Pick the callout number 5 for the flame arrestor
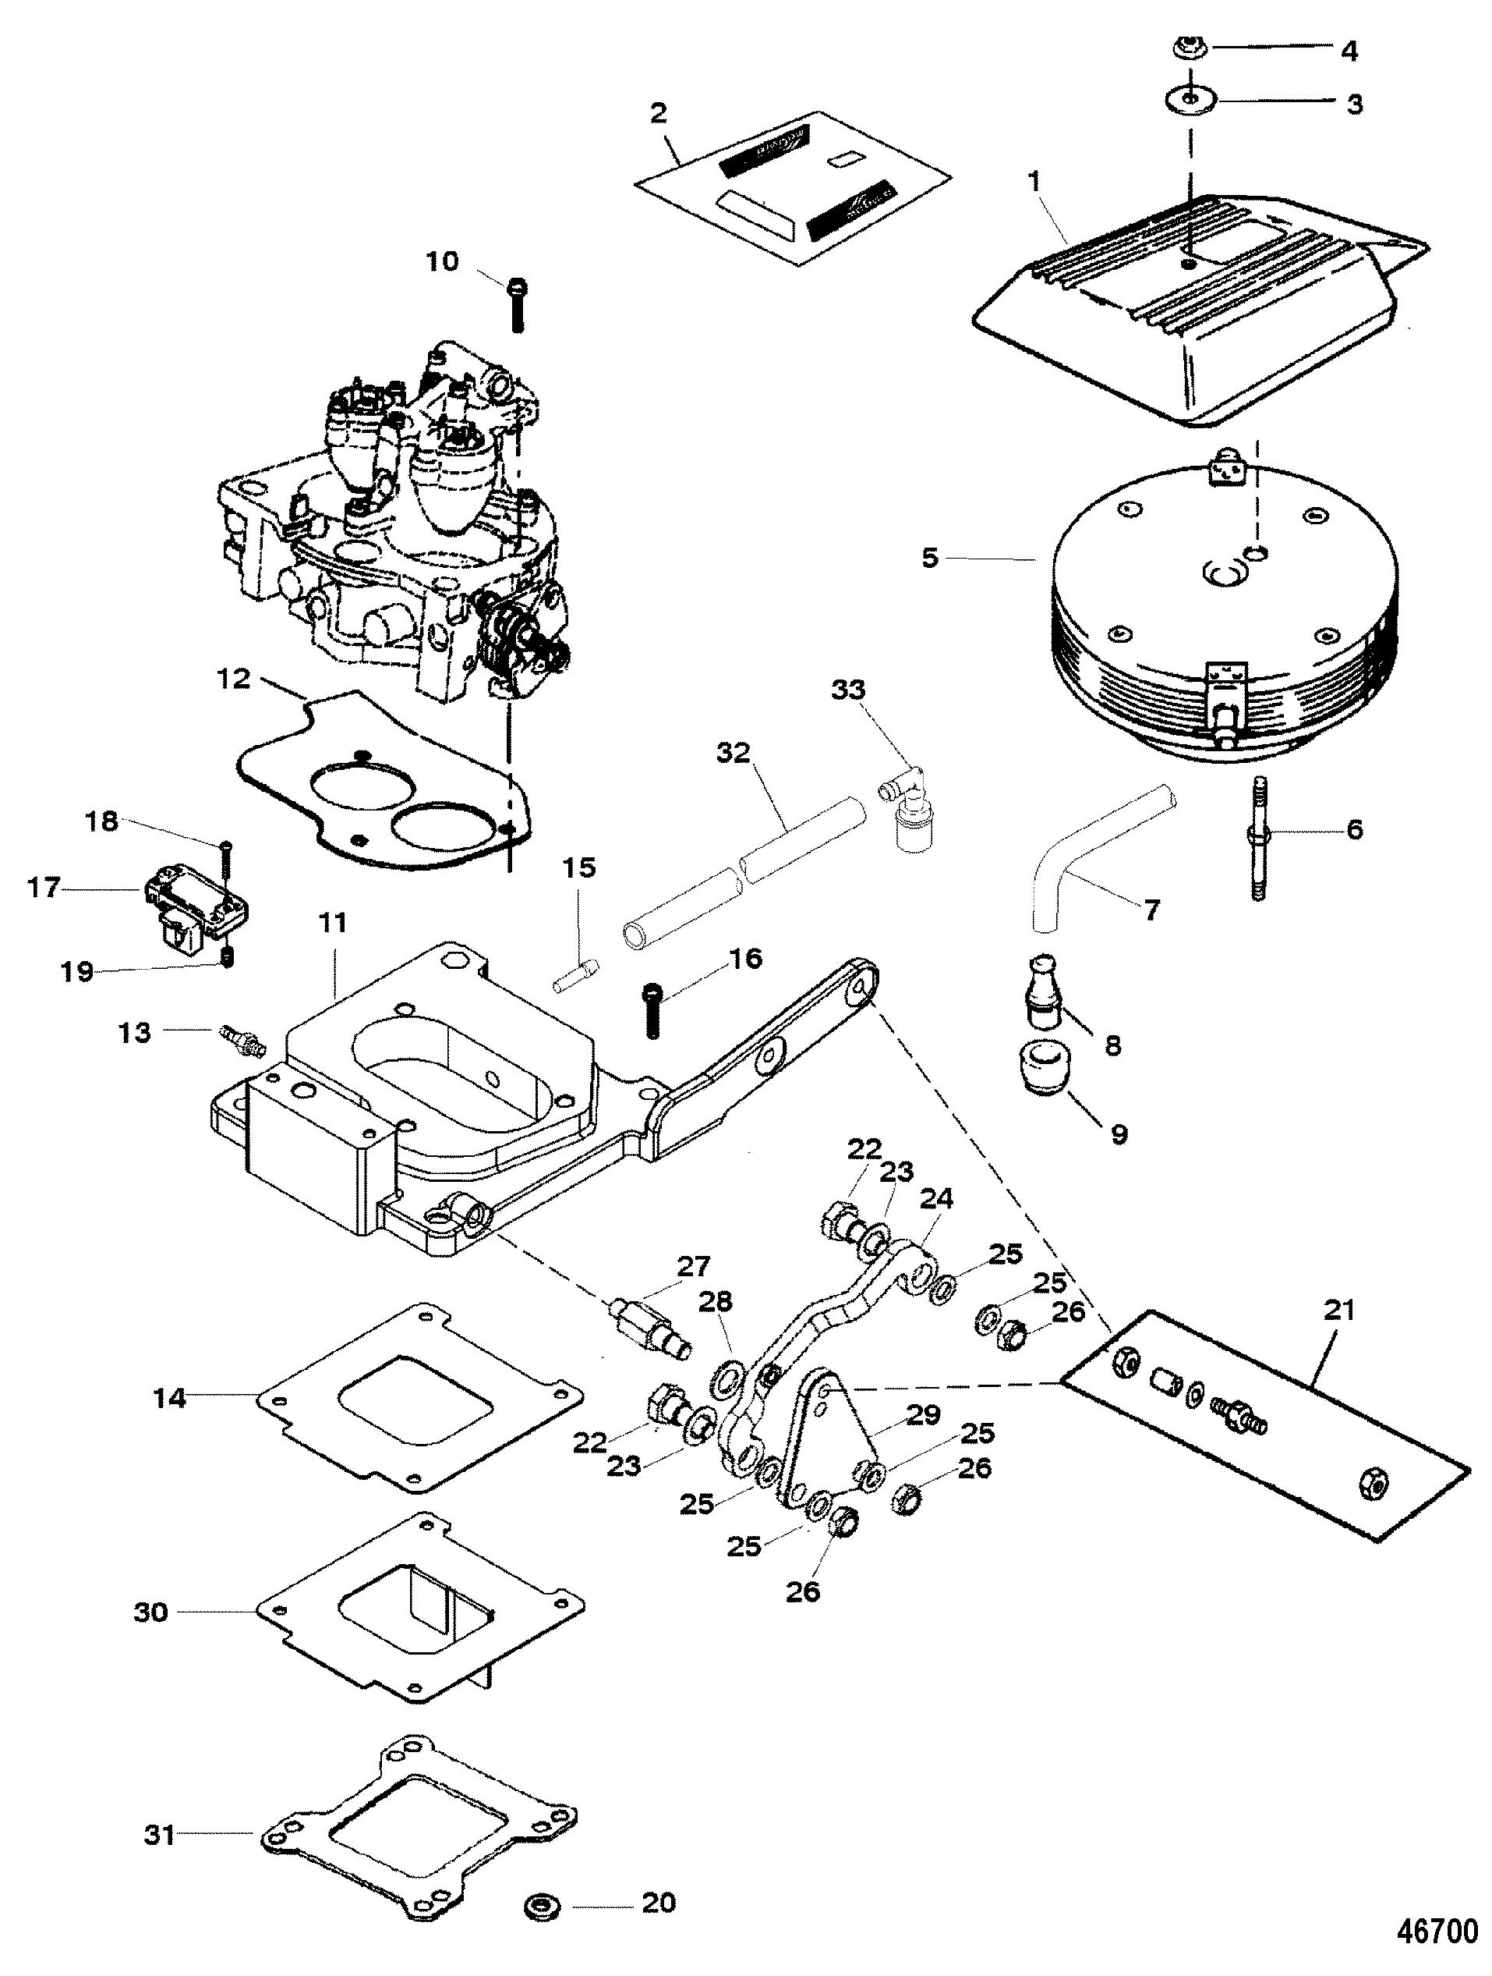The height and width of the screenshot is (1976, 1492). click(x=931, y=559)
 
